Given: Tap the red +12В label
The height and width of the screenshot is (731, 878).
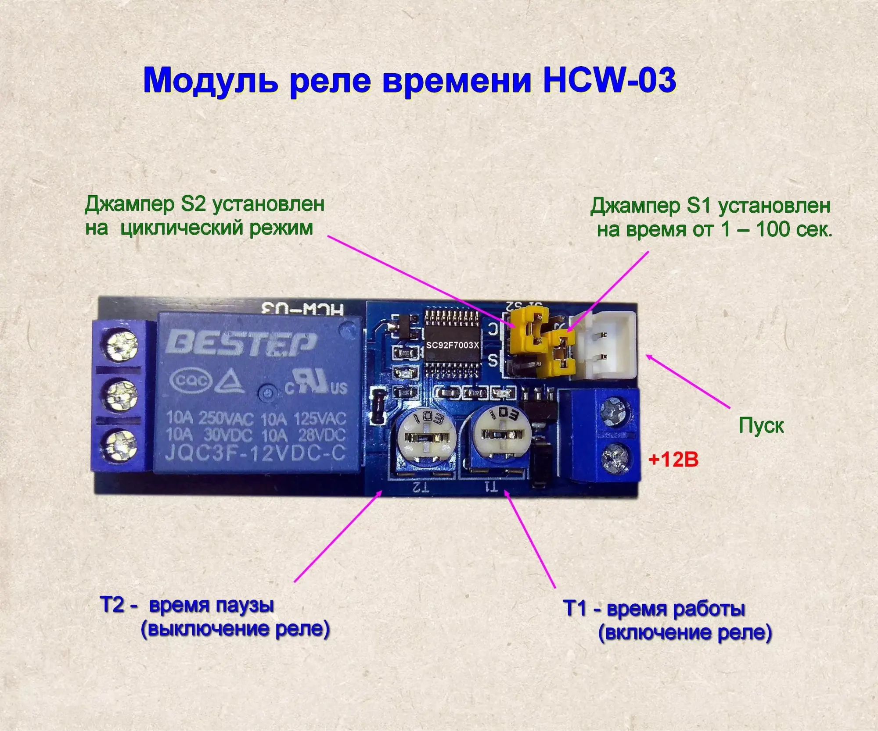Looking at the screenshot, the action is (x=673, y=460).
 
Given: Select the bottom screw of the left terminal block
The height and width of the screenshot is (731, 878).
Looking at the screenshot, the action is (x=119, y=446).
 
